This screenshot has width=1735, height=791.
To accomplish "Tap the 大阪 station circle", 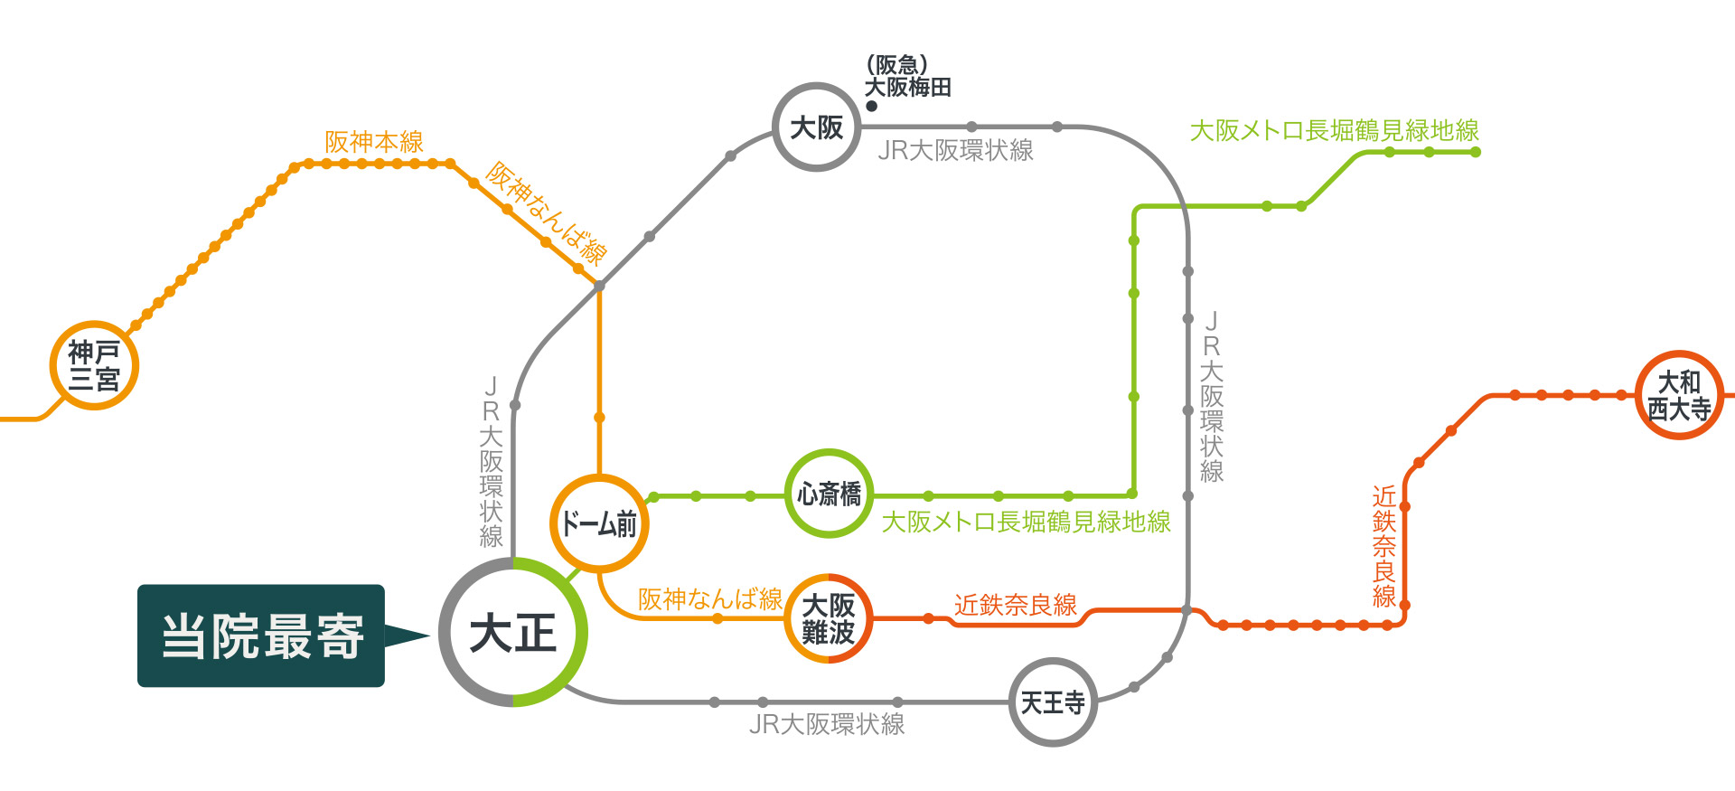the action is [x=816, y=87].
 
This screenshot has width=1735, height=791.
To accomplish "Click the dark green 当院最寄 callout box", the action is [x=261, y=636].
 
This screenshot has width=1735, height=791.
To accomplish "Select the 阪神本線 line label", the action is [x=374, y=142].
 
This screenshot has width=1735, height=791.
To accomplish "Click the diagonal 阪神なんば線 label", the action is [x=546, y=213].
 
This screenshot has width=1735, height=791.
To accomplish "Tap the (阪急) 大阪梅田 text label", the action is [x=907, y=77].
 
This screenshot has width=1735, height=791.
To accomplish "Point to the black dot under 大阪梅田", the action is [x=871, y=106].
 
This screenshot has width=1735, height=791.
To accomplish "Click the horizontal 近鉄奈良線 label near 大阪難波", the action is [x=1016, y=605].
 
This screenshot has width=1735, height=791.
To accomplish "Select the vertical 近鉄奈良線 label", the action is [x=1384, y=546].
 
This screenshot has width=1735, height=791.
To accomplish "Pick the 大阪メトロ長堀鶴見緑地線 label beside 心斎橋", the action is [x=1026, y=522].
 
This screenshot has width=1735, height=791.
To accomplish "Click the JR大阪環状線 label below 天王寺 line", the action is [x=827, y=724].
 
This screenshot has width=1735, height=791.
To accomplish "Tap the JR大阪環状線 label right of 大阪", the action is [x=955, y=150].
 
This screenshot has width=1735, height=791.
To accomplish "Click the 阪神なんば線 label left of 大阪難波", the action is [x=710, y=598].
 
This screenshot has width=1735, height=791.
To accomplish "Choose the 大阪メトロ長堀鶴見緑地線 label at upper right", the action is [x=1335, y=130].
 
